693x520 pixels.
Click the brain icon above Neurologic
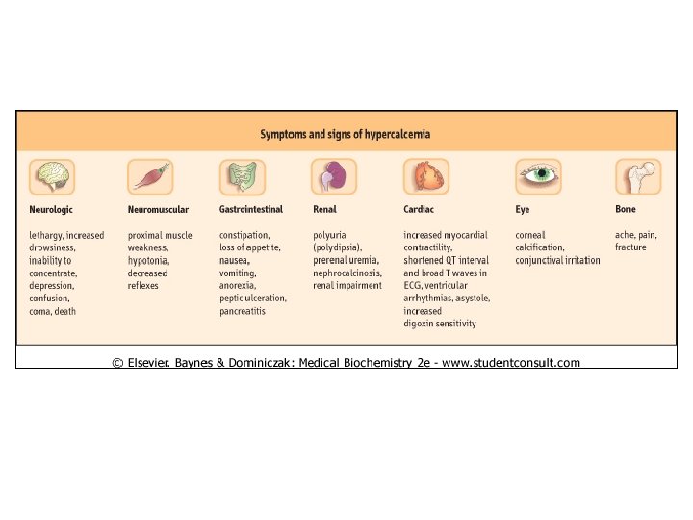(x=52, y=177)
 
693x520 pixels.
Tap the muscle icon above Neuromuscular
(x=150, y=177)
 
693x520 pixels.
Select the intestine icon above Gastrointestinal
(x=243, y=177)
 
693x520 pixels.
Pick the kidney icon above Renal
(x=334, y=177)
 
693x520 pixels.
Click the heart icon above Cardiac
(x=426, y=177)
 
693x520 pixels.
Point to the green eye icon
(x=538, y=177)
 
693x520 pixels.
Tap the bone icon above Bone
(x=638, y=177)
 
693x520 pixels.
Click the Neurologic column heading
(x=51, y=210)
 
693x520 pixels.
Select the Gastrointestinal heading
(x=251, y=209)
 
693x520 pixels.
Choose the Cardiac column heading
(x=419, y=209)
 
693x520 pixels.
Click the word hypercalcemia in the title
(x=398, y=134)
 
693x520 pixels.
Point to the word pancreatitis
(x=243, y=311)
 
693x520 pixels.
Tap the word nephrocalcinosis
(x=347, y=273)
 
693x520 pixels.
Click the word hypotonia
(x=148, y=260)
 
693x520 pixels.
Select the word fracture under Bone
(x=630, y=247)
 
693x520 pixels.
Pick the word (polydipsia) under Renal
(x=337, y=247)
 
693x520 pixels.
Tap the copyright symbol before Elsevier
(x=117, y=363)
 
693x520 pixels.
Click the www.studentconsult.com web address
(x=511, y=363)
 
